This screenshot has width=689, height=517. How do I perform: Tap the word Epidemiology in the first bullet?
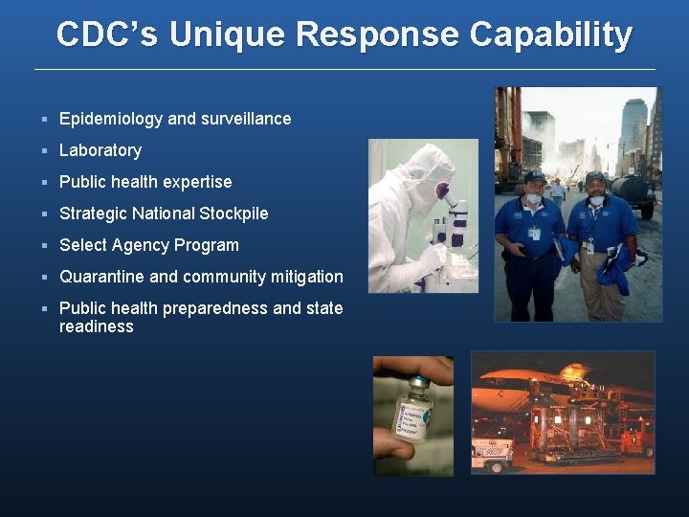111,119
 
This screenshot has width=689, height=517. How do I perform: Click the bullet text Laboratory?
100,150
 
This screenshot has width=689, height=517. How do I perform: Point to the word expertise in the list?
198,182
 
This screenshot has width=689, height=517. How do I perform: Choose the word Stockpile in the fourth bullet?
233,214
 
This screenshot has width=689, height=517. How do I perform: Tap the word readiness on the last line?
97,326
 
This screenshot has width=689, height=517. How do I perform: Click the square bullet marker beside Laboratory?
45,150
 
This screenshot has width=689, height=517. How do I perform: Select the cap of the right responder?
595,178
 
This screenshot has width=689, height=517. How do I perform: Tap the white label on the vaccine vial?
413,417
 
